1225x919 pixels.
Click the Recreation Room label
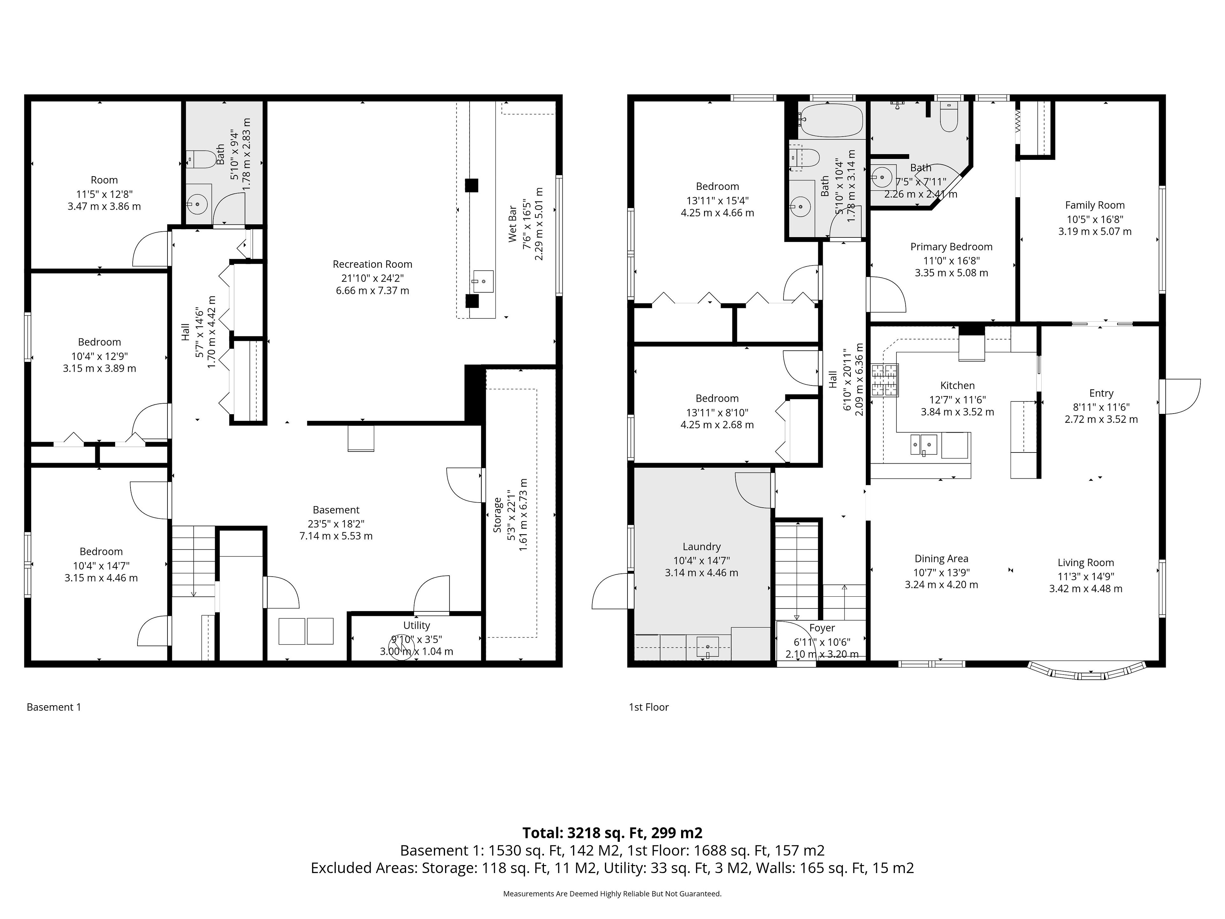pos(372,264)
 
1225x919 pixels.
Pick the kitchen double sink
pos(924,444)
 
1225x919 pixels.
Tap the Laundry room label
pos(702,546)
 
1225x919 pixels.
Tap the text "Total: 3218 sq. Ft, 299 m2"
pos(612,833)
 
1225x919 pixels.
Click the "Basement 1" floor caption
pos(54,707)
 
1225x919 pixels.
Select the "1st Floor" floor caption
pos(649,707)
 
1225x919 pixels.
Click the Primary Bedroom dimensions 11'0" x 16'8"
pos(951,260)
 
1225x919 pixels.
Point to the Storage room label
pos(497,515)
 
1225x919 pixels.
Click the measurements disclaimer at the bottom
pos(612,893)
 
